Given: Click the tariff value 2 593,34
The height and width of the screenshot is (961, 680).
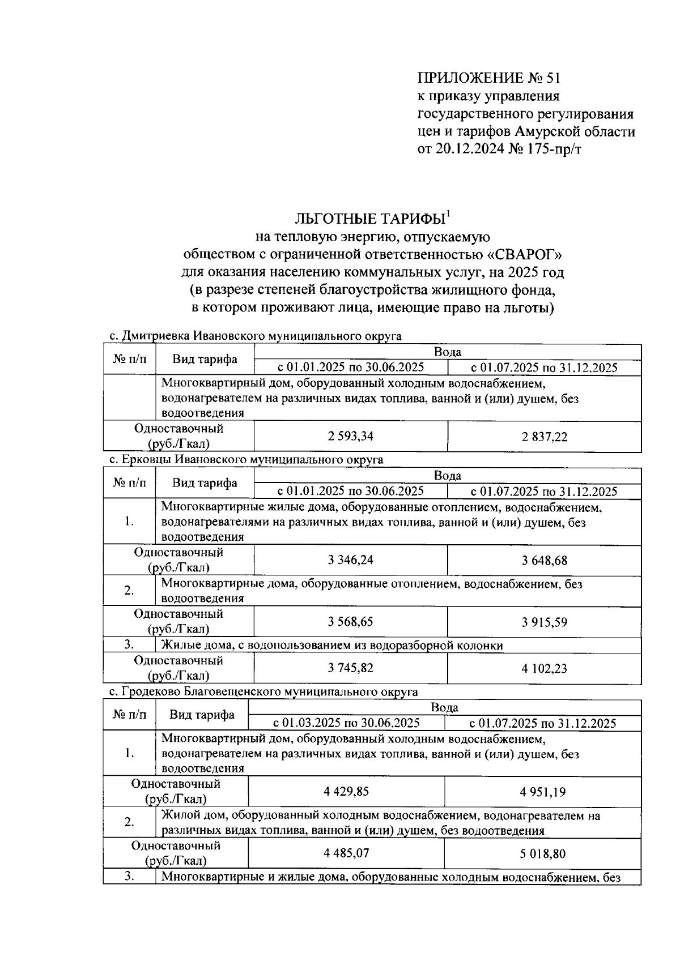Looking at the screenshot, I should [x=351, y=437].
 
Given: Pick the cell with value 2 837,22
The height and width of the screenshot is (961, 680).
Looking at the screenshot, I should [x=544, y=437].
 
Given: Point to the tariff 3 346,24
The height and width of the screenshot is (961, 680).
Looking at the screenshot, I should [x=351, y=561].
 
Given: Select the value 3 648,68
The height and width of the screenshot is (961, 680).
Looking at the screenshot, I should [x=544, y=561].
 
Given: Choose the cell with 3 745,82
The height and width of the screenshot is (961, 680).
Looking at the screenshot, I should [x=351, y=668].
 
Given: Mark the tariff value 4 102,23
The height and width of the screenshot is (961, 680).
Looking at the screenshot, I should [x=544, y=669].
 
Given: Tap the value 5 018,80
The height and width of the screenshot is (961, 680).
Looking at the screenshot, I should [x=542, y=853].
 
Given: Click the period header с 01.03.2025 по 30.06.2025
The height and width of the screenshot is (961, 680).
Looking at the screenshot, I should [x=346, y=723].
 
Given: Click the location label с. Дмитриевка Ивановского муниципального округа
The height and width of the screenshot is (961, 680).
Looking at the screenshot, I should [x=255, y=336].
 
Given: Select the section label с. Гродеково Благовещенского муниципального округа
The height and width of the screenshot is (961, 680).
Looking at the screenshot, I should [x=263, y=692].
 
